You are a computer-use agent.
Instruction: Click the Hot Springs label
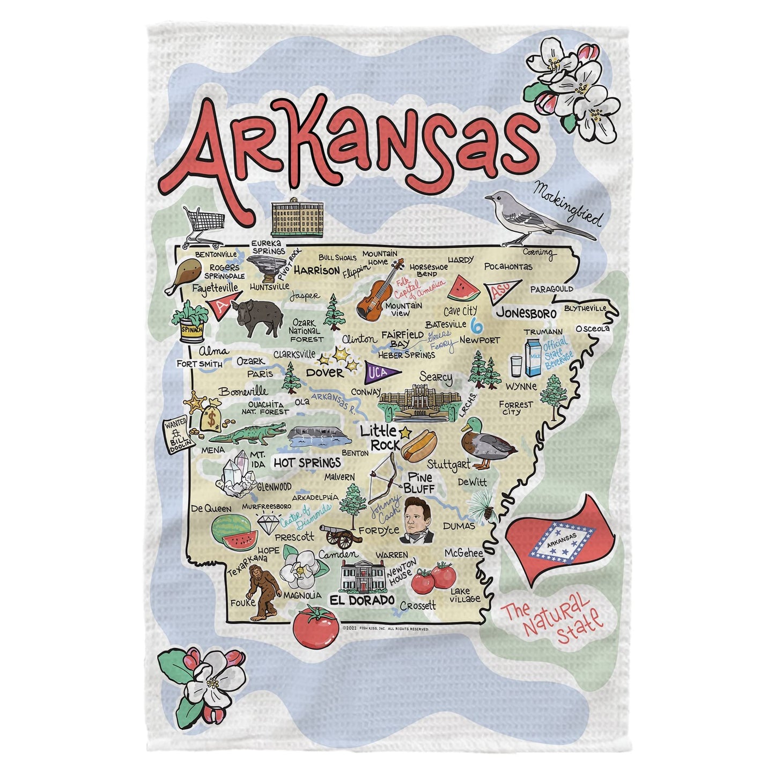pyautogui.click(x=307, y=462)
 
